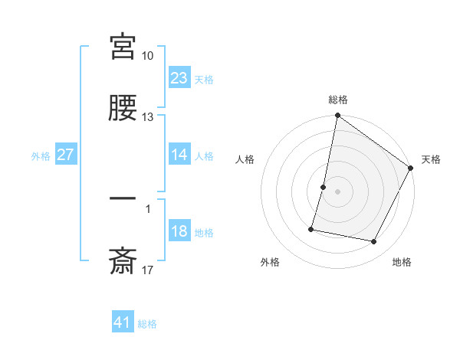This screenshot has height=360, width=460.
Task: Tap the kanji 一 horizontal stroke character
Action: (x=123, y=198)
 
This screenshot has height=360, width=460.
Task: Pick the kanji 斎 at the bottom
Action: (x=123, y=261)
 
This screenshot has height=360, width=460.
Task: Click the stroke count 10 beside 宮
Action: (x=148, y=56)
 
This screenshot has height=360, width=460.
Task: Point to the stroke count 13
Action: (x=148, y=117)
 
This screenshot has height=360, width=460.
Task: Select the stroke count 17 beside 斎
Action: (x=148, y=270)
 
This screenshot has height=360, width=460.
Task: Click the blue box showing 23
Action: (x=179, y=78)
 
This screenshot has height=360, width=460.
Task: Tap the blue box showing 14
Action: (x=179, y=155)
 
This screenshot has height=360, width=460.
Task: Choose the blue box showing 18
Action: (x=179, y=231)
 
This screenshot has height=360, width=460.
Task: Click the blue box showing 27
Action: (x=66, y=155)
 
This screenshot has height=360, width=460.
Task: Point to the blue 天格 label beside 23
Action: (x=204, y=79)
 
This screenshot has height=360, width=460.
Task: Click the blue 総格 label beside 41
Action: (x=147, y=324)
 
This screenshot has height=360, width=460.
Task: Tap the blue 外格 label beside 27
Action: (x=41, y=155)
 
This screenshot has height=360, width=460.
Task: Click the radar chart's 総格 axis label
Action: (x=338, y=100)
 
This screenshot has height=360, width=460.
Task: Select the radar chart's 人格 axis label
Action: (x=245, y=159)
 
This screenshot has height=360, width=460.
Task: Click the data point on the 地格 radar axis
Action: (x=374, y=242)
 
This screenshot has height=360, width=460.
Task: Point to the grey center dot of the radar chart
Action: (x=338, y=191)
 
